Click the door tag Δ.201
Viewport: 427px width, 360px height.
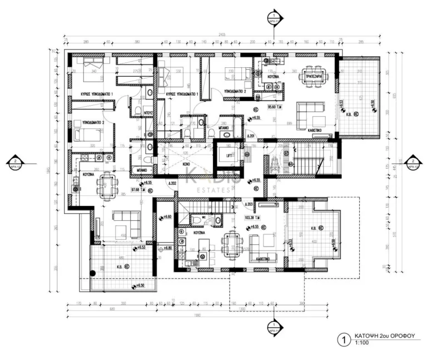coord(250,135)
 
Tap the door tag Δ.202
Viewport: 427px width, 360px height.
coord(173,183)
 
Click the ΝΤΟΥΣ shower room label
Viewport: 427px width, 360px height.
coord(148,112)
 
